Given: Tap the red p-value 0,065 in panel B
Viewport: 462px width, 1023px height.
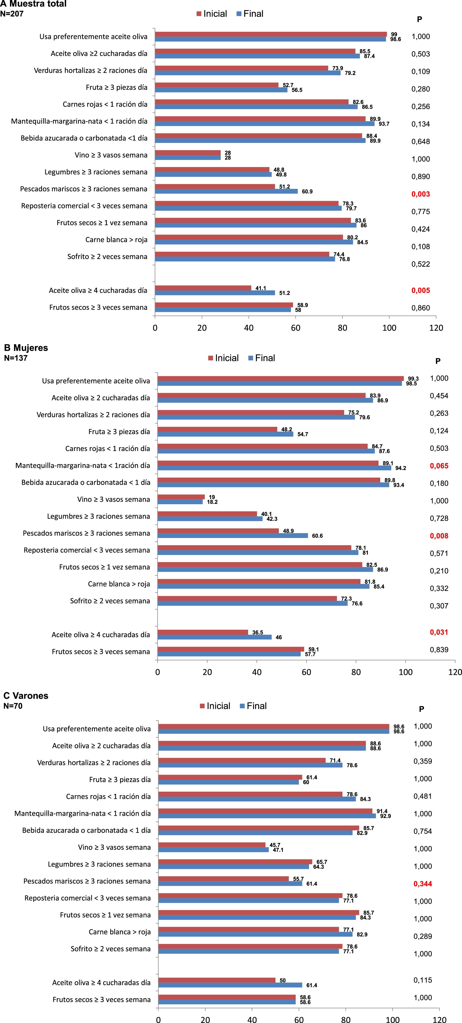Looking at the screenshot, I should (439, 466).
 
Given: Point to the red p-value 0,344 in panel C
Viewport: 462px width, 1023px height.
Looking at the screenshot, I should (423, 884).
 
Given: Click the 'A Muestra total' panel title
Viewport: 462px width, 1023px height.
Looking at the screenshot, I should (33, 4).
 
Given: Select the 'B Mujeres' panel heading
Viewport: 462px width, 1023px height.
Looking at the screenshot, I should (26, 348).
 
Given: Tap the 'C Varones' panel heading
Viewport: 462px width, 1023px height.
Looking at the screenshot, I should (26, 696).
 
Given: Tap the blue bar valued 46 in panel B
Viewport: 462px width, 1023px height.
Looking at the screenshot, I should (214, 637).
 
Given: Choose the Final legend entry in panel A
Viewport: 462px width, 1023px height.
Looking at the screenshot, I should (250, 14).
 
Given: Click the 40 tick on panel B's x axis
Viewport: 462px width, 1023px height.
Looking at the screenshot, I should (257, 672).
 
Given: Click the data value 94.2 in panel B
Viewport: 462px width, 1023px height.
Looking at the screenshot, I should (400, 468).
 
